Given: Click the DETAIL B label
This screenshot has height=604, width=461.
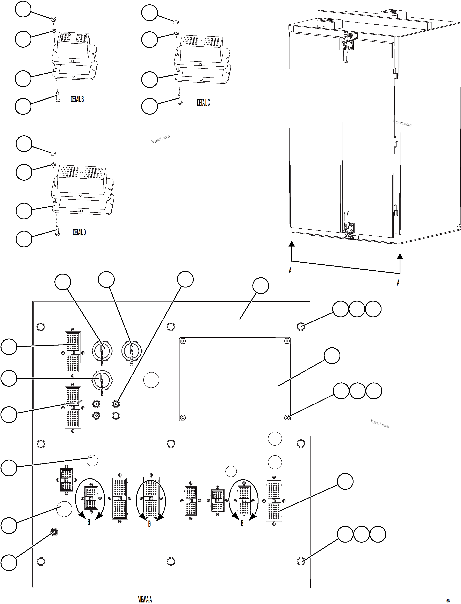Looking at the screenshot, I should [77, 99].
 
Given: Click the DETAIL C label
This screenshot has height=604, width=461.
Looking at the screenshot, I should [203, 103].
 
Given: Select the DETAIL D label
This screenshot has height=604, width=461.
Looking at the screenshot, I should [79, 233].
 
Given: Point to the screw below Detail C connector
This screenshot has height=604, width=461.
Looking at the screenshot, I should [180, 99].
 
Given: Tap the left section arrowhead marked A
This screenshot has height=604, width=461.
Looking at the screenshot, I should [292, 244].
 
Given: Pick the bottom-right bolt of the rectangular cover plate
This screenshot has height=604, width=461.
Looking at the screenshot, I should [287, 418].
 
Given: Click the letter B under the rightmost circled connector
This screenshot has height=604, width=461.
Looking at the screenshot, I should [242, 524].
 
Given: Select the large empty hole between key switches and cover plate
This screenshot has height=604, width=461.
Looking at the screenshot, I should [151, 380].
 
